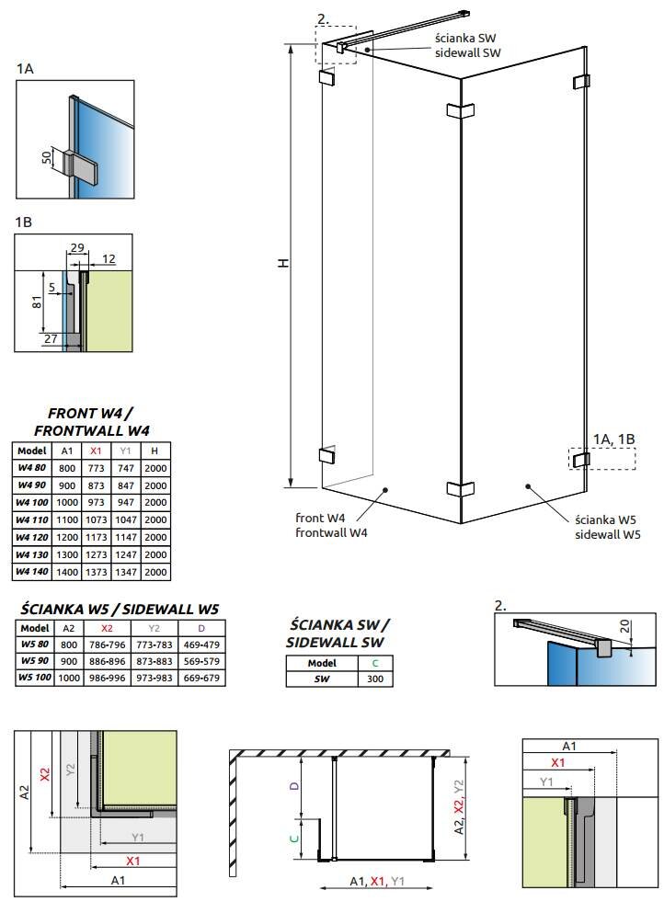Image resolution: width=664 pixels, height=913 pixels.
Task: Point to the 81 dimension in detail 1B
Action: click(38, 302)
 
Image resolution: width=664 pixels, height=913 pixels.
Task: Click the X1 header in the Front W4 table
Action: click(96, 451)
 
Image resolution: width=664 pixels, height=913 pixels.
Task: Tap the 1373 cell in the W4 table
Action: click(96, 572)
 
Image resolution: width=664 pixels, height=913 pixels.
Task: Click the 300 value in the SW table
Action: click(376, 679)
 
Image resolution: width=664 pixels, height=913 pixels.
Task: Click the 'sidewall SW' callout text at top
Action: click(467, 54)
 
